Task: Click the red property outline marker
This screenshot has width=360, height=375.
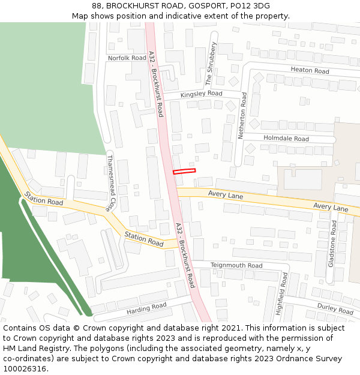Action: pos(184,171)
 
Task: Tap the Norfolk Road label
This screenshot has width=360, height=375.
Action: pos(127,58)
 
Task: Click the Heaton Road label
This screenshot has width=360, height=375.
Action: pos(310,70)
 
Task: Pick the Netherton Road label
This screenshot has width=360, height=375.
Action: pos(243,116)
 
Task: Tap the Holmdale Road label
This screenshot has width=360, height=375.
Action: pos(286,139)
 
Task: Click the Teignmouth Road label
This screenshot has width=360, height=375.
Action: pos(236,265)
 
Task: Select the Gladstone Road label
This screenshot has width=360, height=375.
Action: pos(334,244)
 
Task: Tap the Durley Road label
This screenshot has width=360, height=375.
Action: pos(335,308)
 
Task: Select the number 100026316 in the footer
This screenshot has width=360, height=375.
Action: pos(25,369)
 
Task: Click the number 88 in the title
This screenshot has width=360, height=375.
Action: pos(97,6)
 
